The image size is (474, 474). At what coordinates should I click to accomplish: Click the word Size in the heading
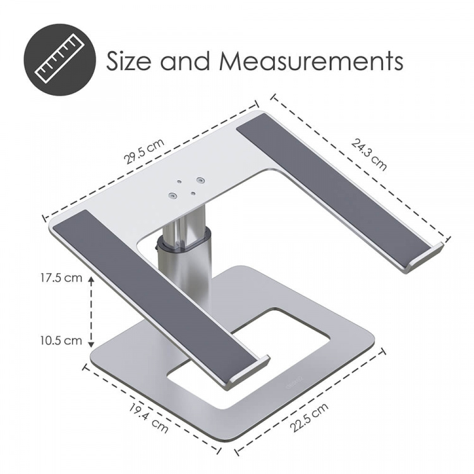pyautogui.click(x=129, y=61)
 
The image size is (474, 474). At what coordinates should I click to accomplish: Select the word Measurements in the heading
pyautogui.click(x=311, y=61)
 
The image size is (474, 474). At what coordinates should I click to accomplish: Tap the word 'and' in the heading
pyautogui.click(x=185, y=61)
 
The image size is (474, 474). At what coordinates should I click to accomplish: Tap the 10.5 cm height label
pyautogui.click(x=59, y=340)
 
